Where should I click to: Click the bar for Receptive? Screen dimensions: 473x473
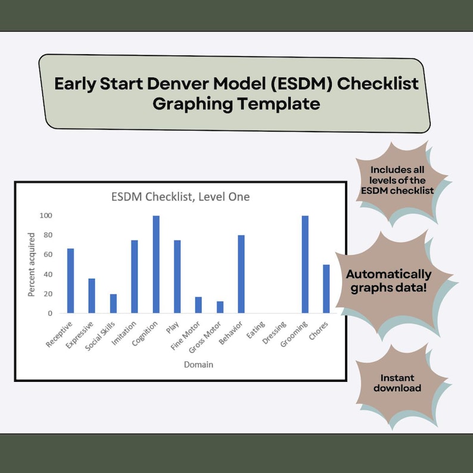(x=70, y=281)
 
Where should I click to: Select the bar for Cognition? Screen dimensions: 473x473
(x=156, y=264)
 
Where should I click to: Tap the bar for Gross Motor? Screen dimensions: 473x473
(x=220, y=307)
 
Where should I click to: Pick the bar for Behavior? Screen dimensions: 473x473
(x=241, y=274)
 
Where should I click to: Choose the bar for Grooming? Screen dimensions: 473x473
(x=305, y=264)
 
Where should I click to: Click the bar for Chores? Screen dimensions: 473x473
(x=326, y=289)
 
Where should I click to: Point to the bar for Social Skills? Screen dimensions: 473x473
(x=113, y=303)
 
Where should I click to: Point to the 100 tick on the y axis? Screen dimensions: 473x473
(x=46, y=216)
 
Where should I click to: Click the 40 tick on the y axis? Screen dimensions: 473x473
(x=48, y=274)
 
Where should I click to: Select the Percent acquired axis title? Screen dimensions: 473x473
(x=32, y=264)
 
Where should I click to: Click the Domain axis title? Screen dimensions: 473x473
(x=198, y=364)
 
